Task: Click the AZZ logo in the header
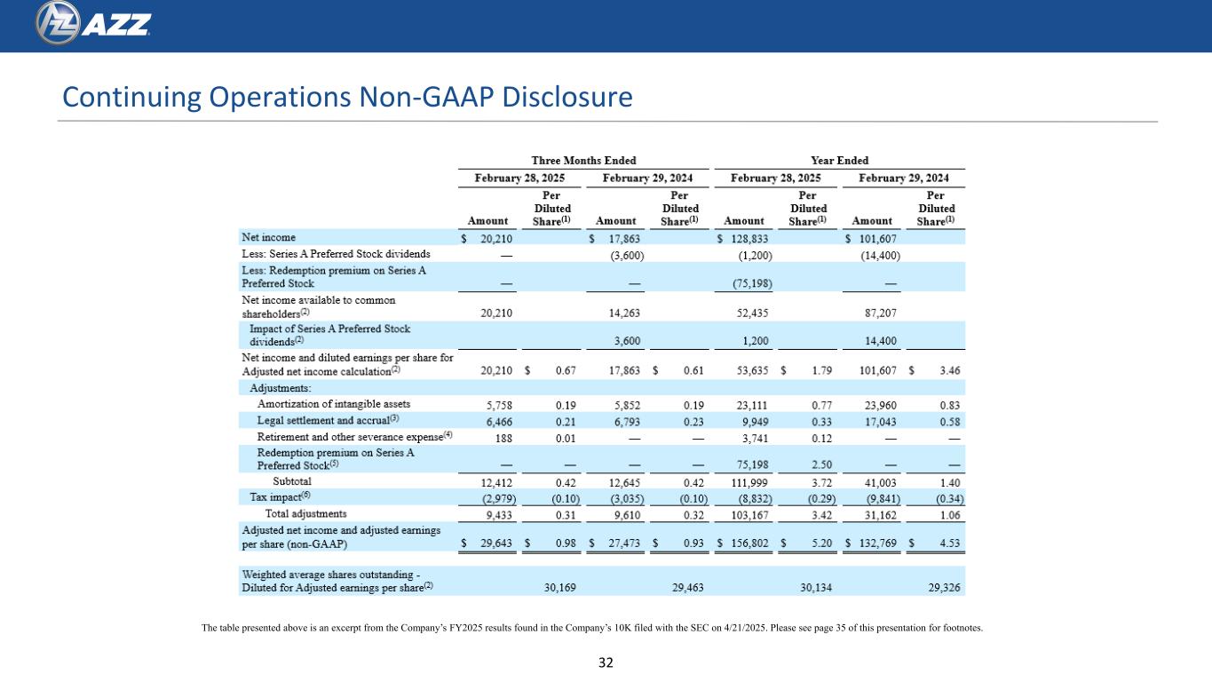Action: tap(92, 26)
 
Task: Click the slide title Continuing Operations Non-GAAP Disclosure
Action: tap(345, 97)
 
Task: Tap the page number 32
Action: tap(606, 662)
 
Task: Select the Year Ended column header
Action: tap(839, 161)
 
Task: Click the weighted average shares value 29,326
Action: tap(943, 587)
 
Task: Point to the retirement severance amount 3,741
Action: tap(754, 436)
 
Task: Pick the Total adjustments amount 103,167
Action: tap(751, 513)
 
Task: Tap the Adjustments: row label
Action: tap(280, 387)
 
